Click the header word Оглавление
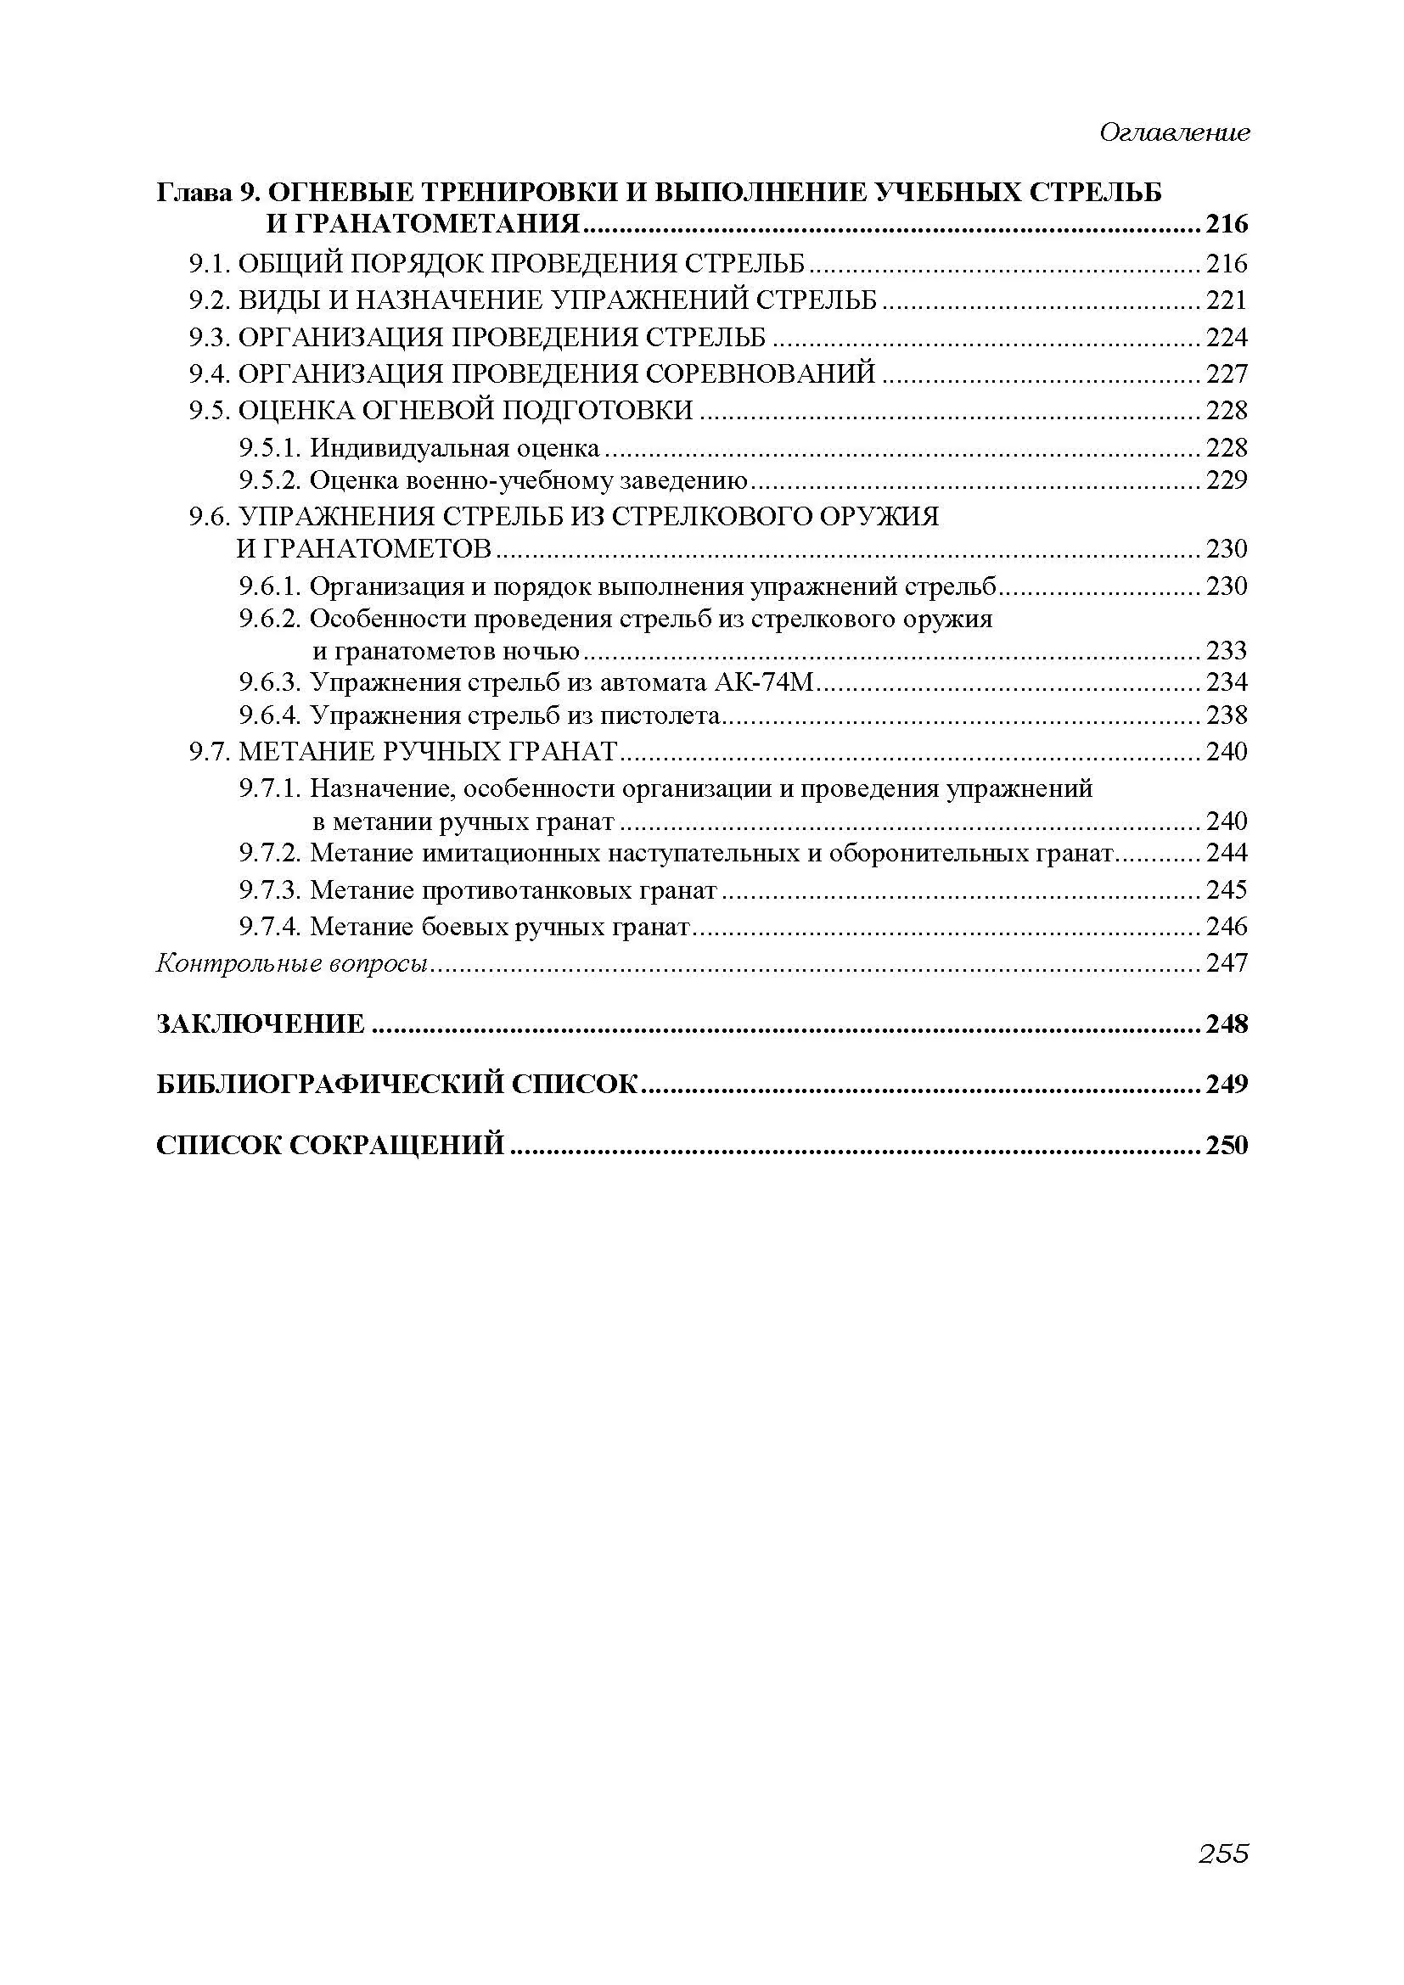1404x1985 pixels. [1174, 132]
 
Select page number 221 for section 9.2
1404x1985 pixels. [1227, 300]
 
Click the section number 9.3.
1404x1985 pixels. [210, 337]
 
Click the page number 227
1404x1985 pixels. [1227, 373]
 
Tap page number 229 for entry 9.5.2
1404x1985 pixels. [1227, 479]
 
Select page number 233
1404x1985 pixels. [1227, 650]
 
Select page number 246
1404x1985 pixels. [1227, 927]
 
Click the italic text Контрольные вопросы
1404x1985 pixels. [292, 963]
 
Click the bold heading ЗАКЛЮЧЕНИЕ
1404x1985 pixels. [261, 1024]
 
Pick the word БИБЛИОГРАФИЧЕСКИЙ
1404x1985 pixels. [329, 1084]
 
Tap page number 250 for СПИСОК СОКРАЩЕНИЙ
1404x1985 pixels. [1227, 1146]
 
